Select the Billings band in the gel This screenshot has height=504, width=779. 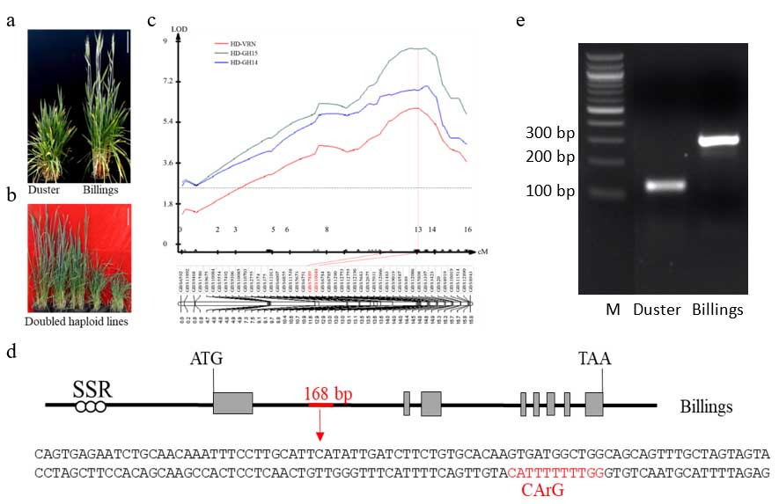click(718, 139)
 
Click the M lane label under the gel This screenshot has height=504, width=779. click(613, 309)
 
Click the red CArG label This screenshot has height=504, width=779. click(542, 489)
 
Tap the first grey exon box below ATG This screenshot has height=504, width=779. click(232, 404)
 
